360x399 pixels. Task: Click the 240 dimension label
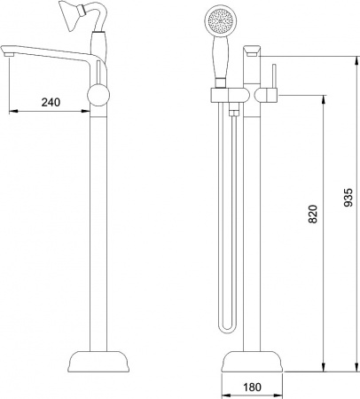[x=51, y=103]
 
